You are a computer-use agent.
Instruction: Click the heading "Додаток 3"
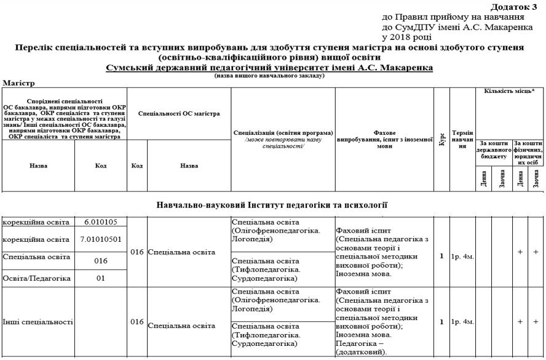coord(514,7)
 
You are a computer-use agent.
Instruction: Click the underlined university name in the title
coord(269,66)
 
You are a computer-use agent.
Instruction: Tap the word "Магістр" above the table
coord(19,82)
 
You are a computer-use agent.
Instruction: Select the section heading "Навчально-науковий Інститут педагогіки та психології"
coord(272,204)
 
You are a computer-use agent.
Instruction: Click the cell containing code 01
coord(101,278)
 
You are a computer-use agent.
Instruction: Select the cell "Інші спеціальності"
coord(38,322)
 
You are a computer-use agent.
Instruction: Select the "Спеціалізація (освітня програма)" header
coord(283,133)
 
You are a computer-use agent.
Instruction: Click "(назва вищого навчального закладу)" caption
coord(269,75)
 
